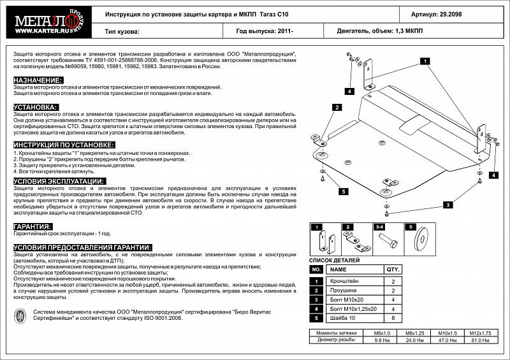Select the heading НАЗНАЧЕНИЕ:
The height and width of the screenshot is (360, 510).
point(38,80)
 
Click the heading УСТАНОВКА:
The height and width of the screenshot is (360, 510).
point(36,107)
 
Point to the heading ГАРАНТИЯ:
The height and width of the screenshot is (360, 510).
point(33,226)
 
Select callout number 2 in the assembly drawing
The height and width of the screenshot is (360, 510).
point(335,108)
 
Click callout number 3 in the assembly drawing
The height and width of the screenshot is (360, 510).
point(448,205)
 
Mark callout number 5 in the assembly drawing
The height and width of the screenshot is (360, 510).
point(342,191)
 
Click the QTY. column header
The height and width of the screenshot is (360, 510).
point(393,270)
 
